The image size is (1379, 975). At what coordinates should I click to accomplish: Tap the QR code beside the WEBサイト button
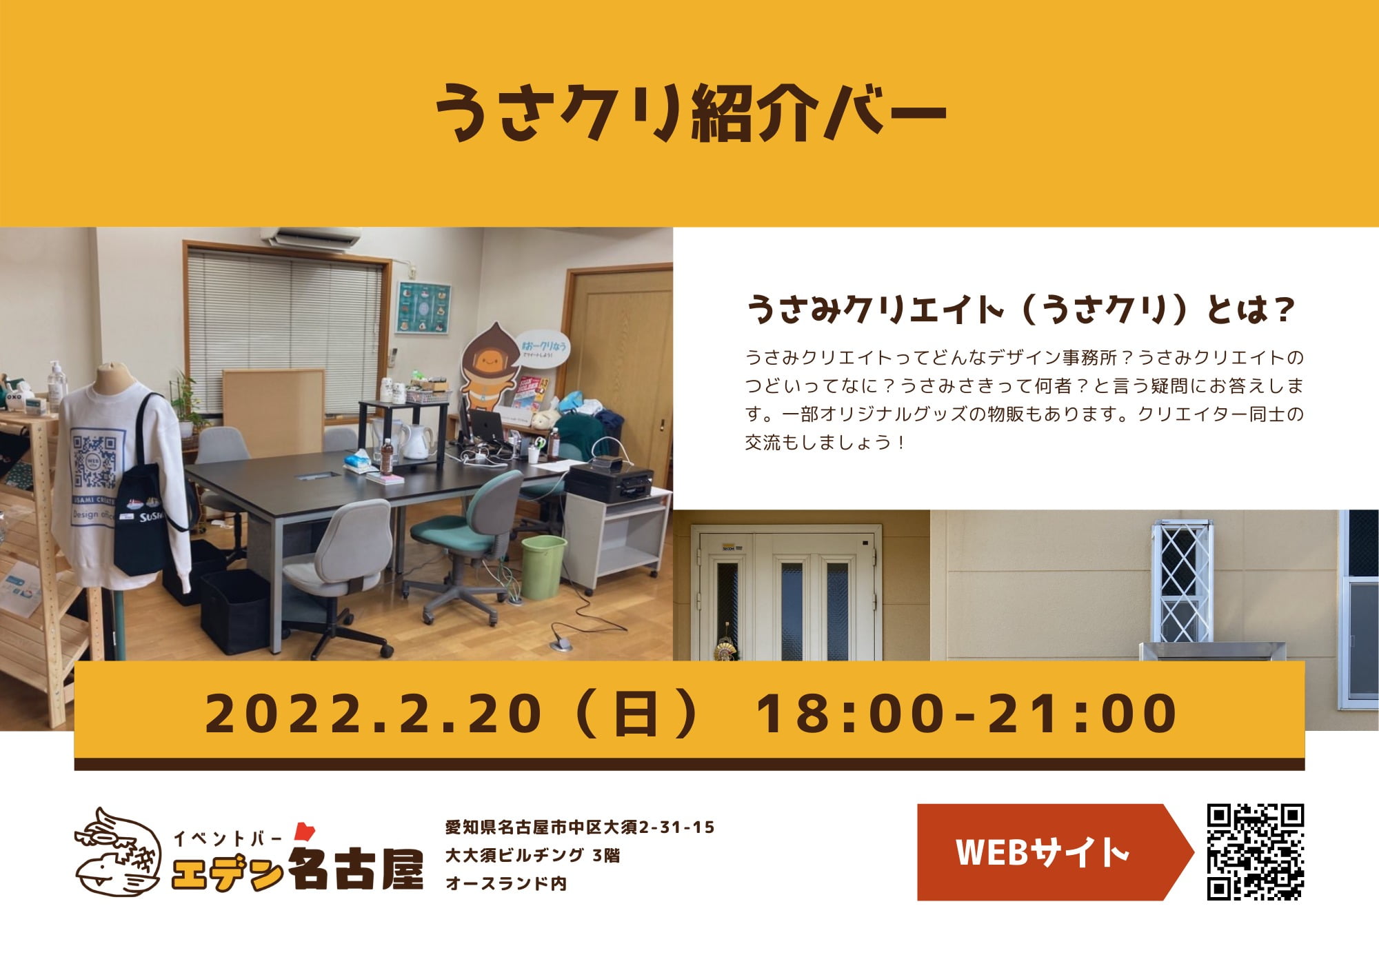coord(1255,852)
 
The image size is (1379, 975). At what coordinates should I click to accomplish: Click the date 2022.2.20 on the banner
coord(372,713)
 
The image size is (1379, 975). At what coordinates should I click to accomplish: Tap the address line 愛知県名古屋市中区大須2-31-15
coord(580,827)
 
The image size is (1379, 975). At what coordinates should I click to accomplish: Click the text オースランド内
coord(506,883)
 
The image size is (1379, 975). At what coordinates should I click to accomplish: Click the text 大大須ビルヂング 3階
coord(532,856)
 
